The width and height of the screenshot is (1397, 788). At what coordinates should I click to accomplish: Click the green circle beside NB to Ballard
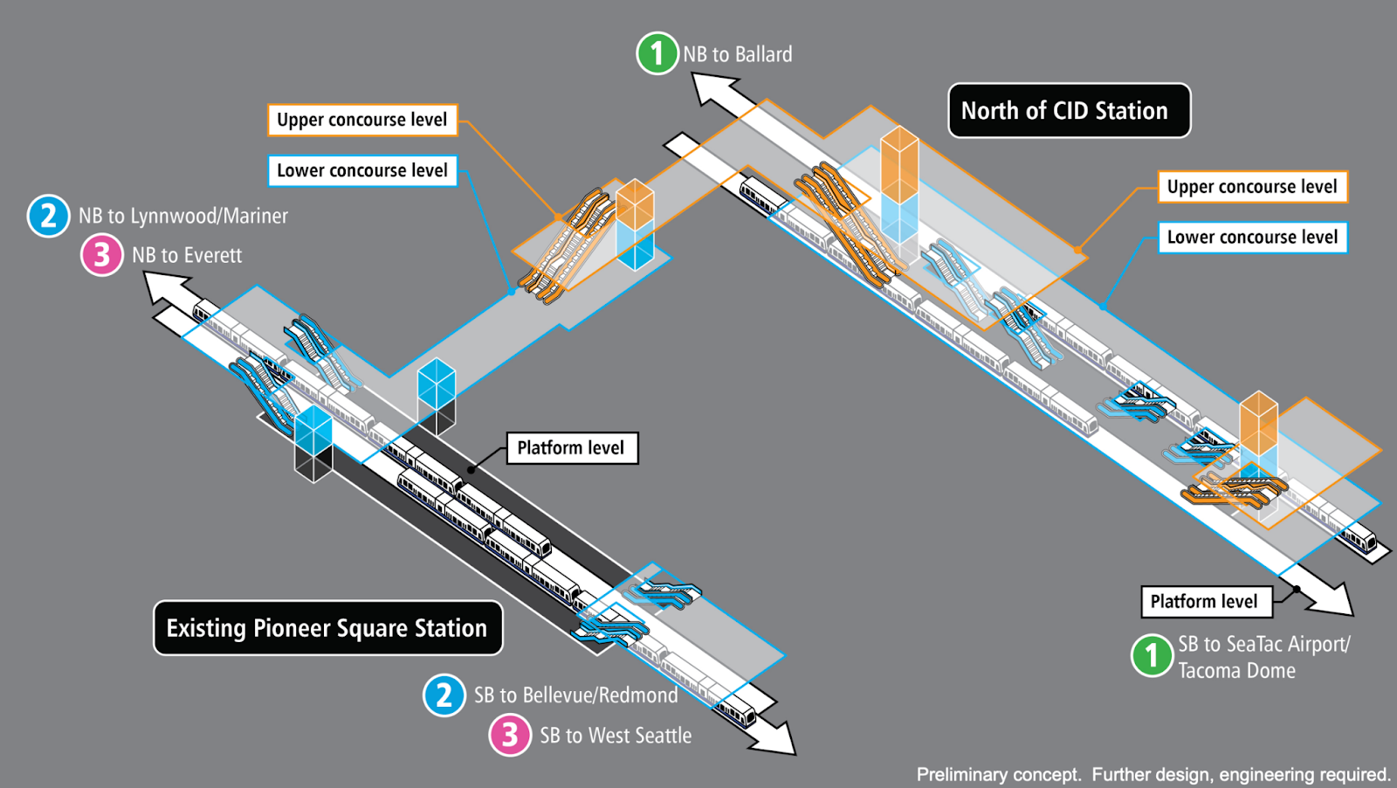(x=657, y=53)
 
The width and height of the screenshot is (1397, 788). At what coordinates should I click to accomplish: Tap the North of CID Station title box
(x=1069, y=111)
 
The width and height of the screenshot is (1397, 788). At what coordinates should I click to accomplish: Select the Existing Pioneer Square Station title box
(x=327, y=628)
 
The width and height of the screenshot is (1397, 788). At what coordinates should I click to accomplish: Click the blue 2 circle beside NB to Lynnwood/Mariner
(x=49, y=216)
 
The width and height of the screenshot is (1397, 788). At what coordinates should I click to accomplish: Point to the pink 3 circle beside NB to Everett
(x=102, y=255)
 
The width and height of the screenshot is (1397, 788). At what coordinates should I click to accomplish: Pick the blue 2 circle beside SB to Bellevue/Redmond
(x=444, y=695)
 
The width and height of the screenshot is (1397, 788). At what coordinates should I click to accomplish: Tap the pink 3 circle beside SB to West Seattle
(x=510, y=735)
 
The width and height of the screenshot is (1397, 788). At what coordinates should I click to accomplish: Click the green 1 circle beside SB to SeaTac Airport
(x=1152, y=655)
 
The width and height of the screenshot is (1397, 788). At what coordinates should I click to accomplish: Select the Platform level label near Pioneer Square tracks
(x=571, y=448)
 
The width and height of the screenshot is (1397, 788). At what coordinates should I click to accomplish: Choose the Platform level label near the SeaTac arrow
(x=1204, y=601)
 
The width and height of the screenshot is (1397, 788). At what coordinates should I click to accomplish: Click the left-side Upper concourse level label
(x=361, y=120)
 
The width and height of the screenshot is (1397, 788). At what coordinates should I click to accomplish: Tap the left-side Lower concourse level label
(x=361, y=170)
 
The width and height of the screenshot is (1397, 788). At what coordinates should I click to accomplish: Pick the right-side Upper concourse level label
(x=1252, y=187)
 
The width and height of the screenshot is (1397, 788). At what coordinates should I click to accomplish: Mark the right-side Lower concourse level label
(x=1252, y=237)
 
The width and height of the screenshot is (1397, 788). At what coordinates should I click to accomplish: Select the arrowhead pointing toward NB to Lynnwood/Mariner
(x=162, y=287)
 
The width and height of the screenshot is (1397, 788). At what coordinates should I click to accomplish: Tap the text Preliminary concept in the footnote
(x=998, y=775)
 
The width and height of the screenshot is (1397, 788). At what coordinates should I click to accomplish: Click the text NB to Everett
(x=187, y=255)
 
